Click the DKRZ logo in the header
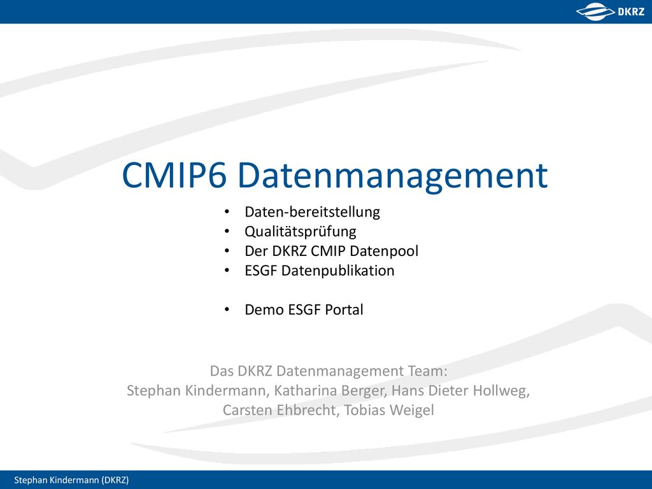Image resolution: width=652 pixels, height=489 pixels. click(610, 11)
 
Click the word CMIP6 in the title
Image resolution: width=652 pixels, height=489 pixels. click(174, 176)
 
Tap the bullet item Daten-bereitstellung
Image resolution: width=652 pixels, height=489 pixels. click(312, 212)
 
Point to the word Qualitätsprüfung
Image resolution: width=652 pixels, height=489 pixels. click(301, 232)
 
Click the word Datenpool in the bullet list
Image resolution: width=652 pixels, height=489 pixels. click(384, 251)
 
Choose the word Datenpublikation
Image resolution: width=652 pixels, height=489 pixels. click(337, 271)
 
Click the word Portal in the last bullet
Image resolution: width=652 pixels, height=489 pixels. click(344, 310)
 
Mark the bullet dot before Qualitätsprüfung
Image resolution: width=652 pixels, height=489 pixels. click(227, 232)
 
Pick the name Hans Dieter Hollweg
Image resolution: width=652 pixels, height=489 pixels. click(460, 390)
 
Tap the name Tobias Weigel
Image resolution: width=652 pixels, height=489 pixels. click(389, 411)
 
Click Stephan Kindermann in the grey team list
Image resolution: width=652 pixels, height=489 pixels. click(196, 390)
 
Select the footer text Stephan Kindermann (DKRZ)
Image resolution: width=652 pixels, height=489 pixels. click(71, 480)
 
